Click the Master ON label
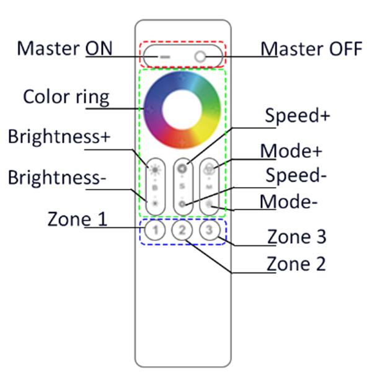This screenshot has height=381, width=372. tap(64, 48)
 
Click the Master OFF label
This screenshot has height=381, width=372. tap(311, 48)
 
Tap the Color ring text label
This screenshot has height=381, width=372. tap(66, 97)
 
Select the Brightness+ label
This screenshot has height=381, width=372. tap(58, 137)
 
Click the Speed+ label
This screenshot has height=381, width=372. tap(297, 116)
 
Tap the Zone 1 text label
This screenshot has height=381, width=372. tap(77, 219)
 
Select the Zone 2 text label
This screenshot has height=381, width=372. tap(296, 264)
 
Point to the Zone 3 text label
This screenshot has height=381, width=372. tap(296, 237)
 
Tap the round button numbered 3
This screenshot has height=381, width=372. tap(210, 231)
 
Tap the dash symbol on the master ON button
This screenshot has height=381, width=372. tap(165, 56)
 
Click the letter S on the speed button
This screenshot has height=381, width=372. tap(182, 185)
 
